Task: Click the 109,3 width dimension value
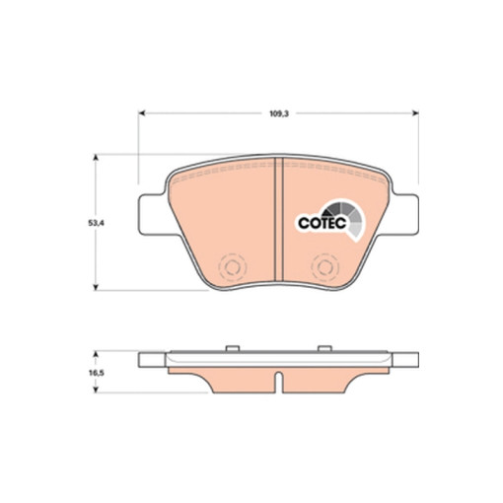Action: pyautogui.click(x=279, y=114)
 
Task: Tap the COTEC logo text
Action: pyautogui.click(x=323, y=223)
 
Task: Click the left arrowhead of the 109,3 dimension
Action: pyautogui.click(x=142, y=113)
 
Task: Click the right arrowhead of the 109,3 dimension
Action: pyautogui.click(x=415, y=113)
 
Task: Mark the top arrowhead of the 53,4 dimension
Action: pyautogui.click(x=96, y=158)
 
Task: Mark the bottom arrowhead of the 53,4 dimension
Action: pyautogui.click(x=96, y=287)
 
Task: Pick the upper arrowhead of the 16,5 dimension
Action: pyautogui.click(x=96, y=354)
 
